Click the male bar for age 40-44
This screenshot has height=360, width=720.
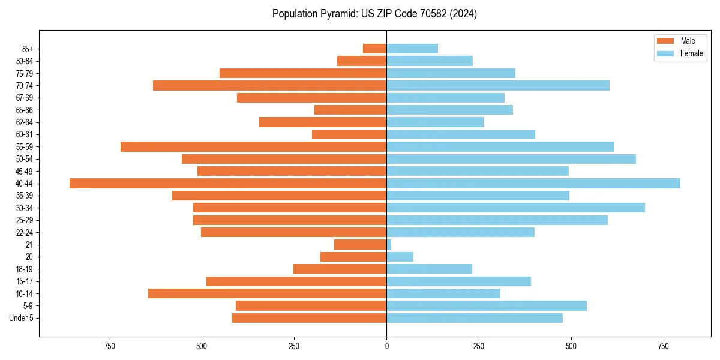228,183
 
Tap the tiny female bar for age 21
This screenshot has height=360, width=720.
389,244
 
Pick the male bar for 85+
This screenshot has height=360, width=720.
374,49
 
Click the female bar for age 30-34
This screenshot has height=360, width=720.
515,208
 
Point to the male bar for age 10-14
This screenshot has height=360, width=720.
267,293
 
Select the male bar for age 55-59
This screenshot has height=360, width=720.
253,146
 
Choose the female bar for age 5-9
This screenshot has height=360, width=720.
486,305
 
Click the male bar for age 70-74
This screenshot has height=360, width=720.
269,85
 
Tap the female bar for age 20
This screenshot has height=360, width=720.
400,257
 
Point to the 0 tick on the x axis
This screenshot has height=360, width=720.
386,346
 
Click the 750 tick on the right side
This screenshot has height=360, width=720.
663,346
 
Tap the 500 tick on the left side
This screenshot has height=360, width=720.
202,346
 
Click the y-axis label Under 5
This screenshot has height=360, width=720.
21,318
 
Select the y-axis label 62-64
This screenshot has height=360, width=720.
24,122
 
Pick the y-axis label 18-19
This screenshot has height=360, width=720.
24,269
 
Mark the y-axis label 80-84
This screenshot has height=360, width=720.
24,61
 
